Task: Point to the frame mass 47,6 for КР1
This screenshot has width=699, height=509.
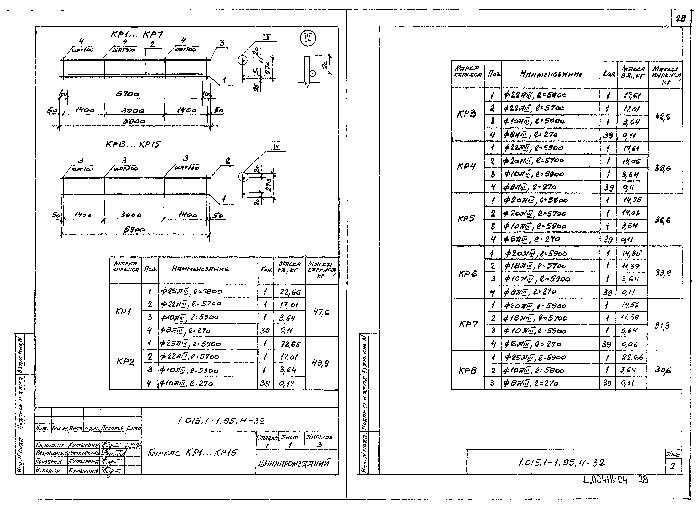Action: click(x=321, y=312)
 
